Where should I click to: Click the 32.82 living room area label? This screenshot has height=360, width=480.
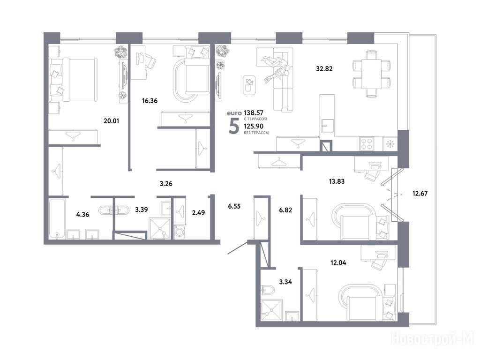tap(324, 69)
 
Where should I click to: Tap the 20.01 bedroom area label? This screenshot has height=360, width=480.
tap(112, 121)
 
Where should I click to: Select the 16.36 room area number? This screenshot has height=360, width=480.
tap(150, 101)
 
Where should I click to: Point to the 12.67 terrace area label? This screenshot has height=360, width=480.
tap(420, 194)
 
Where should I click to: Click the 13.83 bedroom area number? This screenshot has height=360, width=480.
tap(337, 181)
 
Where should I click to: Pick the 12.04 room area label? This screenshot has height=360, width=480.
tap(338, 262)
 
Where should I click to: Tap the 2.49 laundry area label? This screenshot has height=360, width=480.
tap(198, 213)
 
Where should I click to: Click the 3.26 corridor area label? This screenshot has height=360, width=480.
tap(166, 184)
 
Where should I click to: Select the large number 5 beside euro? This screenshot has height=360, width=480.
tap(234, 127)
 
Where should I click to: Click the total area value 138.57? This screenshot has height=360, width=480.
tap(254, 113)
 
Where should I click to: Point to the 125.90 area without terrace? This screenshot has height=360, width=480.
tap(254, 126)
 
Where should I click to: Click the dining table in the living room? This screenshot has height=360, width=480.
tap(372, 74)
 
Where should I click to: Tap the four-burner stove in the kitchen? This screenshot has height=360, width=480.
tap(367, 144)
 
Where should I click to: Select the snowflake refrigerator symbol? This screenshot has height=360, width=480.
tap(390, 144)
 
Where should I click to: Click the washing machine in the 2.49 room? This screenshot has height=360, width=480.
tap(179, 232)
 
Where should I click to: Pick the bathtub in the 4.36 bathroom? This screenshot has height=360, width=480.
tap(57, 219)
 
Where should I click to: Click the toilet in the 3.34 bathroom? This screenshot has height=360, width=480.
tap(267, 290)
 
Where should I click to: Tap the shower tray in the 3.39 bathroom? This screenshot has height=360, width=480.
tap(159, 228)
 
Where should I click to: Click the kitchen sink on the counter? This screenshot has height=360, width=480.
tap(327, 125)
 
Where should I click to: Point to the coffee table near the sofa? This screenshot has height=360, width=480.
tap(249, 85)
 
